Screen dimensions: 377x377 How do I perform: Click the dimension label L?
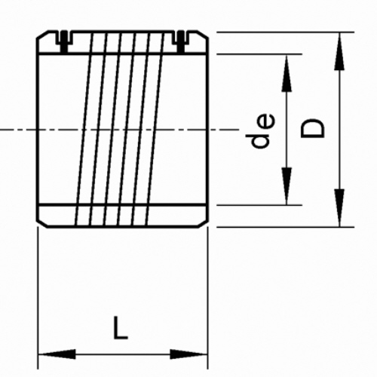(x=121, y=327)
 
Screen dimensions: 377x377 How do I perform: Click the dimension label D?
(x=312, y=129)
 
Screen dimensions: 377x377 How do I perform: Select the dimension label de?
(x=260, y=130)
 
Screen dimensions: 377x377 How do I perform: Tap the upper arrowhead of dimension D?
(x=339, y=51)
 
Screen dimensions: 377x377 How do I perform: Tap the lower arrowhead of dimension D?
(x=339, y=208)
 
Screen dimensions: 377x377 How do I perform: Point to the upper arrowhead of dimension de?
(x=287, y=73)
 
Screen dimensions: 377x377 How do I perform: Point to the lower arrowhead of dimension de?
(x=287, y=186)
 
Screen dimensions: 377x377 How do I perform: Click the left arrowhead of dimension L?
(x=57, y=354)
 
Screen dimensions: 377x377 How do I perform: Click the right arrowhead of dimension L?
(x=188, y=354)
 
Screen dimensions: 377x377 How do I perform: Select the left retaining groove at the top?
(x=64, y=41)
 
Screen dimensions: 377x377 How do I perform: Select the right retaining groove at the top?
(x=181, y=41)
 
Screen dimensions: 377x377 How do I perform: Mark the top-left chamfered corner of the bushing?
(x=42, y=35)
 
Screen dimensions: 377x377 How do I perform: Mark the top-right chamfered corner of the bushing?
(x=203, y=35)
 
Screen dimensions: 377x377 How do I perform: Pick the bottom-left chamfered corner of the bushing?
(x=42, y=225)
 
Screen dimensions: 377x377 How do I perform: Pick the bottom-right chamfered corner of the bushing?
(x=203, y=225)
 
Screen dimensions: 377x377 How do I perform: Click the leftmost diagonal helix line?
(x=84, y=129)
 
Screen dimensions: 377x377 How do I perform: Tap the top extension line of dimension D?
(x=285, y=32)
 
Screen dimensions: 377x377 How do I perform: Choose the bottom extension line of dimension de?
(x=259, y=205)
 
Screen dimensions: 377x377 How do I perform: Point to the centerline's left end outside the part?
(x=0, y=130)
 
